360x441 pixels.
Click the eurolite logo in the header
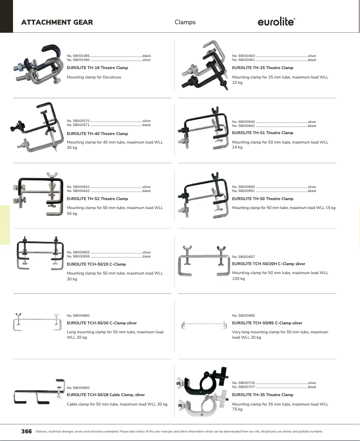tap(276, 22)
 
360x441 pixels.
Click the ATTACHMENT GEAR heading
tap(57, 22)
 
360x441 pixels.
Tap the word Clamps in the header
tap(185, 22)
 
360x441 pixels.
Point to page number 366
tap(26, 432)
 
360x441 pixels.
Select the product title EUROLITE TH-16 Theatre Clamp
tap(97, 68)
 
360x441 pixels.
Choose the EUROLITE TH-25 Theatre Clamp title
tap(263, 68)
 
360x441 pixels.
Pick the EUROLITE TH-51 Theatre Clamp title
tap(263, 133)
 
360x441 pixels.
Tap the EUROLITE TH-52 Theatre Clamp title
tap(97, 199)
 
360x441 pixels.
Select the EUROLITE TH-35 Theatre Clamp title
tap(263, 395)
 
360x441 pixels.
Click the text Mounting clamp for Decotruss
tap(94, 77)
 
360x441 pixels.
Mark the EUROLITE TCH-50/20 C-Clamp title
tap(96, 264)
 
